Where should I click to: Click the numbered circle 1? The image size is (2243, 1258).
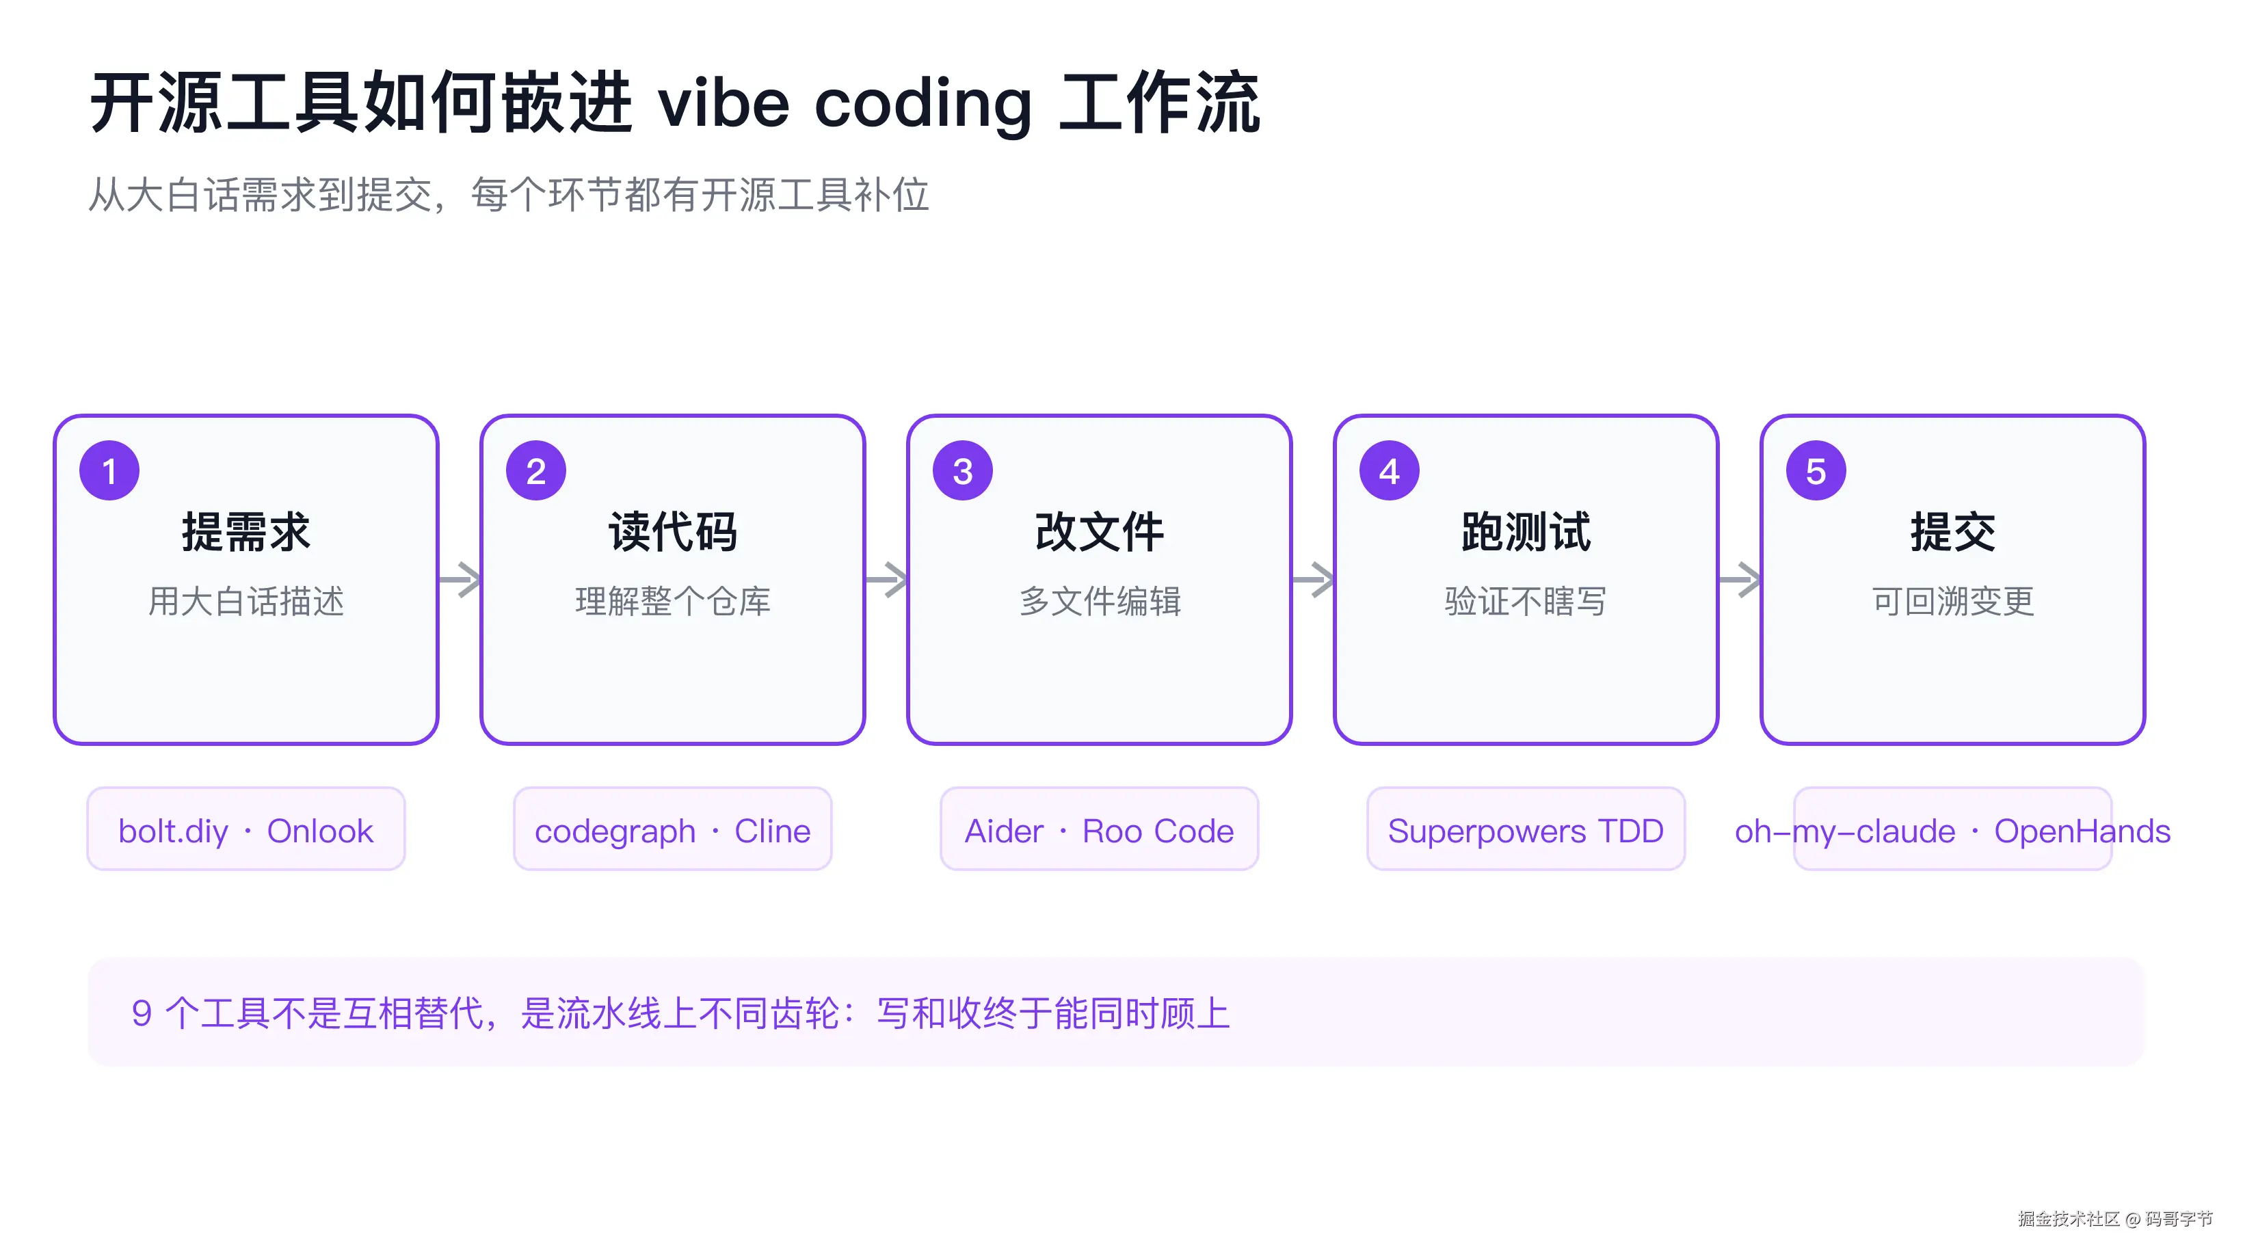[x=109, y=471]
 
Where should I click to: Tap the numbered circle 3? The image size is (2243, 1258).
[x=963, y=471]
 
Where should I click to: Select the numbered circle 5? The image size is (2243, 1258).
[x=1816, y=471]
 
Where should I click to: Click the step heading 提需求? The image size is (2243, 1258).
[x=245, y=532]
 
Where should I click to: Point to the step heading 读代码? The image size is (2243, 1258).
[x=672, y=532]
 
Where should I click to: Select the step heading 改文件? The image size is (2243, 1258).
[x=1099, y=532]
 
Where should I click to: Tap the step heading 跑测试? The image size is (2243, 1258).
[x=1526, y=532]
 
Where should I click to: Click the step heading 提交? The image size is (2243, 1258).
[x=1952, y=532]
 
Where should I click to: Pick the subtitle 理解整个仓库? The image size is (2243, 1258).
[x=672, y=602]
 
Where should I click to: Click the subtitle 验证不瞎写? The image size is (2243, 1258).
[x=1526, y=602]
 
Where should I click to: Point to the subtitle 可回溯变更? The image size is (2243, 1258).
[x=1952, y=602]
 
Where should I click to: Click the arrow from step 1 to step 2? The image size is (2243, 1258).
[x=460, y=580]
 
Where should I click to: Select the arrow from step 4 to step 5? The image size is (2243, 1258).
[x=1740, y=580]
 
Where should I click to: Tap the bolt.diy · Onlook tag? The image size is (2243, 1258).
[x=245, y=829]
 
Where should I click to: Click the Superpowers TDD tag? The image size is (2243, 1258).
[x=1526, y=829]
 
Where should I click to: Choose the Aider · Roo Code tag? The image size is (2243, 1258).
[x=1099, y=829]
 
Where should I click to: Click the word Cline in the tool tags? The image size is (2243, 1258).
[x=772, y=831]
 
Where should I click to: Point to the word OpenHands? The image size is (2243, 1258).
[x=2082, y=831]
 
